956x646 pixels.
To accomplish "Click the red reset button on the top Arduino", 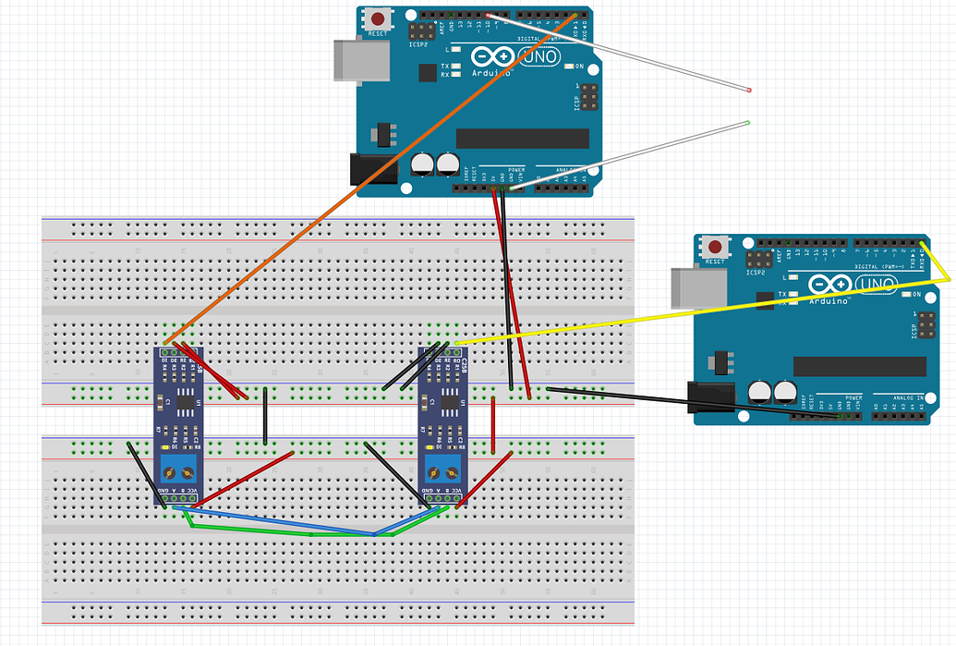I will click(x=377, y=19).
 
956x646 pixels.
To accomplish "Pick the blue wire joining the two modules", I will click(x=277, y=522).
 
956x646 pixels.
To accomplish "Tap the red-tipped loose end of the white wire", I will click(x=748, y=90).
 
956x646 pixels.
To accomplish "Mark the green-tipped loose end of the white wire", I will click(x=747, y=122).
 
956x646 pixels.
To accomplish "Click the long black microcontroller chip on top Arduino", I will click(x=522, y=139).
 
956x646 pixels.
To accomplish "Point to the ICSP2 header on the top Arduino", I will click(x=418, y=30).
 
